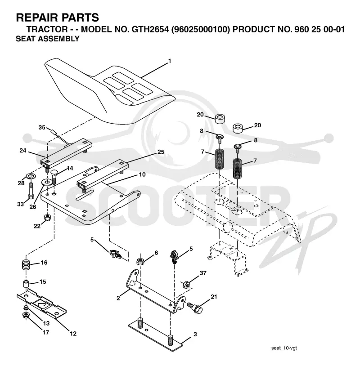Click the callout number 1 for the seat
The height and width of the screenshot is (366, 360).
(170, 61)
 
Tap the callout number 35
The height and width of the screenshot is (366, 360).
(42, 127)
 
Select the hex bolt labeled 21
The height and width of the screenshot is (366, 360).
(195, 308)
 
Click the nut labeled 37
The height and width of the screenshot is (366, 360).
(186, 285)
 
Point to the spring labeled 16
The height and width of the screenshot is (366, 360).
(27, 265)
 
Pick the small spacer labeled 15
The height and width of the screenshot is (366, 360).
(26, 284)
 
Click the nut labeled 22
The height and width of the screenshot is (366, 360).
(48, 218)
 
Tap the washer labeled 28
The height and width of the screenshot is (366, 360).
(29, 175)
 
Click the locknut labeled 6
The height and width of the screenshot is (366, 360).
(140, 261)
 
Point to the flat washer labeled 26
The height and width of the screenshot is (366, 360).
(47, 182)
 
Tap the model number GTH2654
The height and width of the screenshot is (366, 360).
(150, 29)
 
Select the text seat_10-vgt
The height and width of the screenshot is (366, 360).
(284, 348)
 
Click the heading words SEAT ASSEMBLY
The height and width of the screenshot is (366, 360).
(48, 39)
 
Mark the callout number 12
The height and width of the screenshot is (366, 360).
(73, 334)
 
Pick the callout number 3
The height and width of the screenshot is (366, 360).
(195, 334)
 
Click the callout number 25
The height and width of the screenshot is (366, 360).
(161, 152)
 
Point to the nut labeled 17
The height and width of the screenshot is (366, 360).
(25, 315)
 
